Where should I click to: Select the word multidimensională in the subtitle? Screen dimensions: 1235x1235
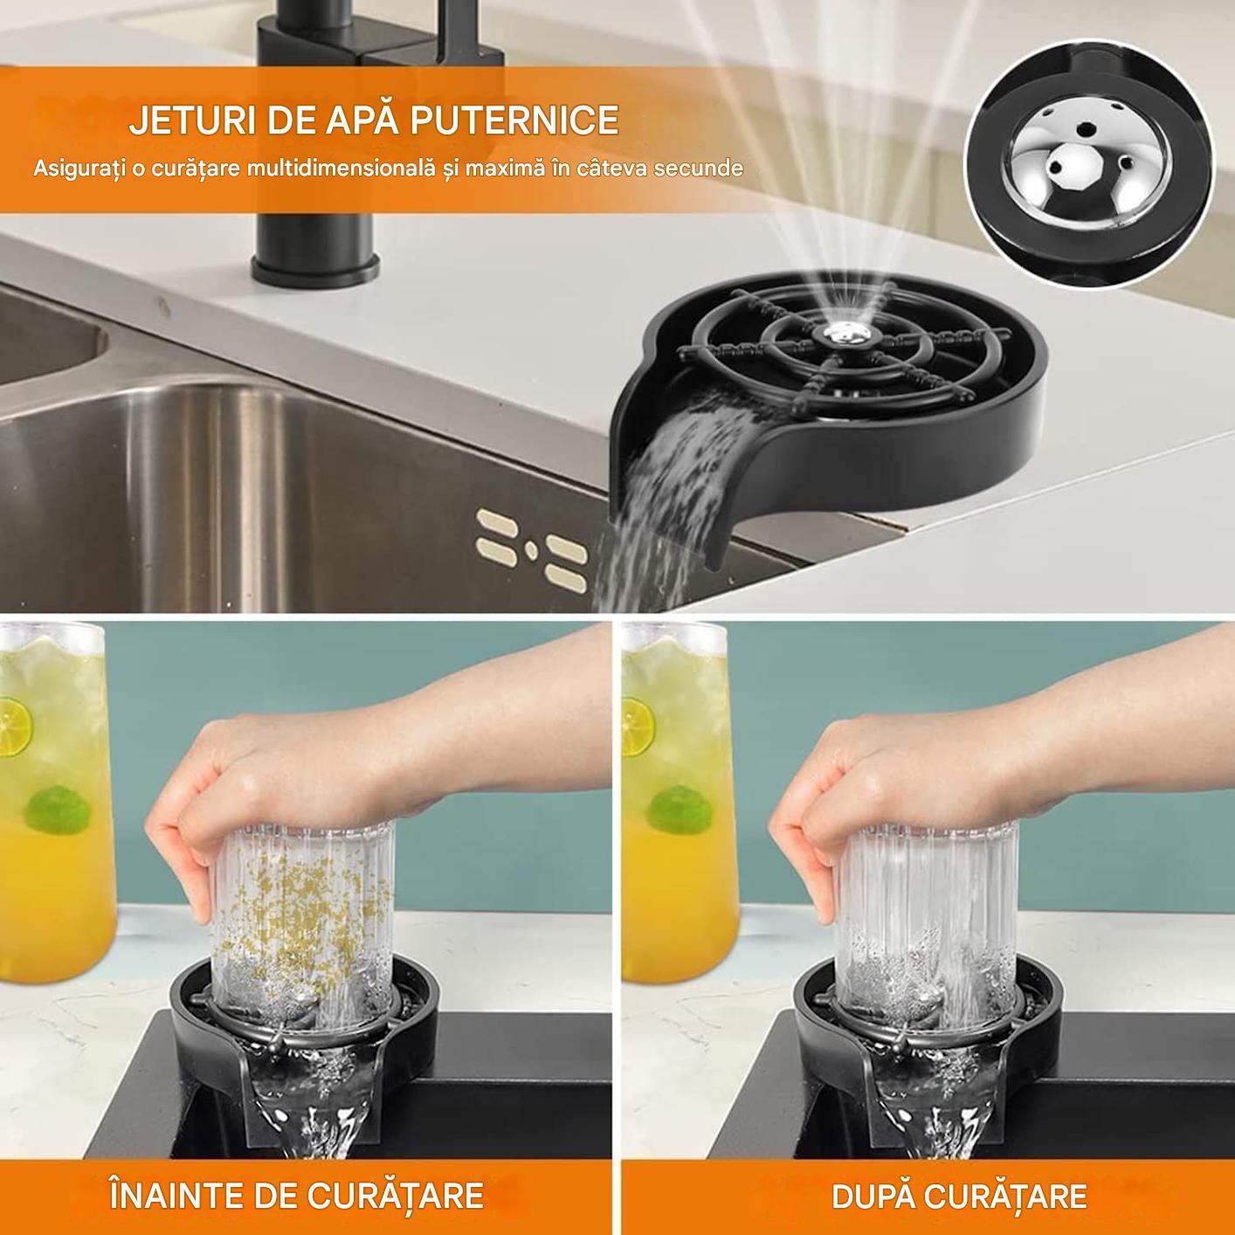coord(343,168)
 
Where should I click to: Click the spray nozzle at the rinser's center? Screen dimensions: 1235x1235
coord(843,333)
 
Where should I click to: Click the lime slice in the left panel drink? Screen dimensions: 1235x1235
coord(15,722)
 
